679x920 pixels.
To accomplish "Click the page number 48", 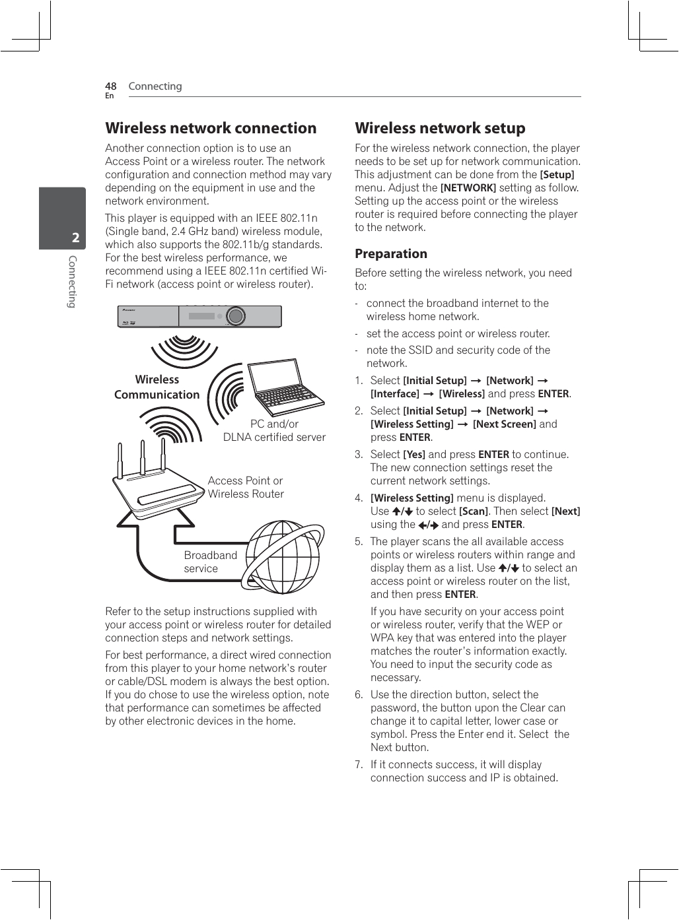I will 110,86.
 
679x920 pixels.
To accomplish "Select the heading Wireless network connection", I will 211,128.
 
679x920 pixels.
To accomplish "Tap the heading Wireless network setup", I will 440,128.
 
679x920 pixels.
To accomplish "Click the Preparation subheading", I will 391,254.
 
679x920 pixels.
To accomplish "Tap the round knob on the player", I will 236,316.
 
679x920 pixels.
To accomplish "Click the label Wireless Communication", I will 157,387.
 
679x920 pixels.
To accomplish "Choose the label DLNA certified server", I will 274,437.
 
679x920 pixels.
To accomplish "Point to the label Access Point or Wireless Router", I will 246,487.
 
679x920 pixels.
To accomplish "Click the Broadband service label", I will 210,562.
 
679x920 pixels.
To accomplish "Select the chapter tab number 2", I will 75,238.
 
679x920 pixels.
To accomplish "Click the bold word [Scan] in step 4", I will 474,511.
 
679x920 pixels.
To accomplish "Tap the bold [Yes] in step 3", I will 414,455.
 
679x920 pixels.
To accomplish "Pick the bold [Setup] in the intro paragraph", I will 557,175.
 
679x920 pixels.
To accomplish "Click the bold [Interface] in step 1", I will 394,394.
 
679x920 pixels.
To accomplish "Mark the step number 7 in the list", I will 359,765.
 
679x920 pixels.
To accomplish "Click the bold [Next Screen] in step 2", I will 504,424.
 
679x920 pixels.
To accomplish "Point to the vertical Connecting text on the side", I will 73,282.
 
